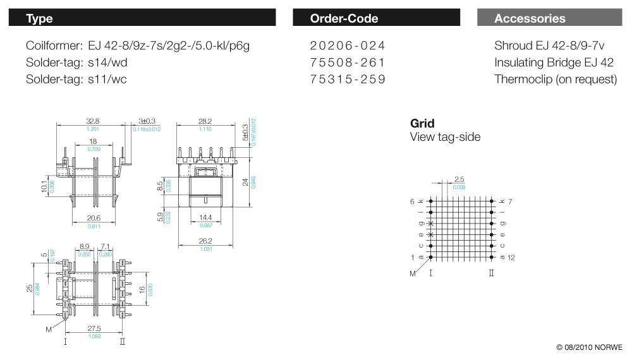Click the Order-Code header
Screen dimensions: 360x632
[376, 18]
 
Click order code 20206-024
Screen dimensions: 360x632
[347, 45]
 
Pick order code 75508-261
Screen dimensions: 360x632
[347, 63]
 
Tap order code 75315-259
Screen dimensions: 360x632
[347, 80]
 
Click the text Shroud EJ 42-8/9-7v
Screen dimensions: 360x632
[549, 45]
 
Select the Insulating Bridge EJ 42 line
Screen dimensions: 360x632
[554, 63]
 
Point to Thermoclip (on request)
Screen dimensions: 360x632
[556, 80]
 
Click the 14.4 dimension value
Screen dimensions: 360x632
[206, 217]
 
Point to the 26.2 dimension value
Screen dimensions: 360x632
[205, 241]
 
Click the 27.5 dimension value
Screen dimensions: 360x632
[94, 328]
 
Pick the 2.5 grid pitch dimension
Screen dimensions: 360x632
[459, 179]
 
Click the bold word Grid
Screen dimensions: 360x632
[422, 123]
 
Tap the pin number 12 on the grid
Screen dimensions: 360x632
[511, 257]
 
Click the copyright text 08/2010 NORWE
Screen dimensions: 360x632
[589, 347]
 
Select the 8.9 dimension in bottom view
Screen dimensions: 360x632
[85, 246]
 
